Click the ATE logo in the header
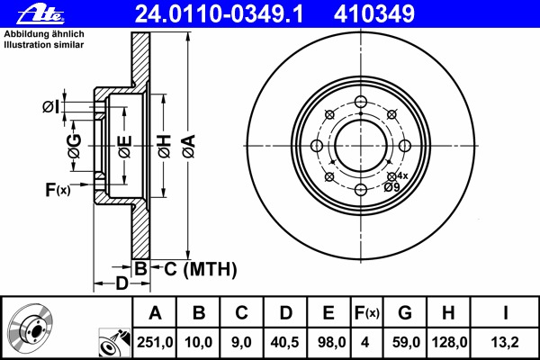[40, 14]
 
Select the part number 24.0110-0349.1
[219, 14]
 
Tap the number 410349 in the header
[374, 14]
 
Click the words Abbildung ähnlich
[44, 34]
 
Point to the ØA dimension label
[189, 147]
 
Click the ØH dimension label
[165, 147]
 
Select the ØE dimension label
[125, 147]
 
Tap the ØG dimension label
[75, 146]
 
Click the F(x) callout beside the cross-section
[58, 190]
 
